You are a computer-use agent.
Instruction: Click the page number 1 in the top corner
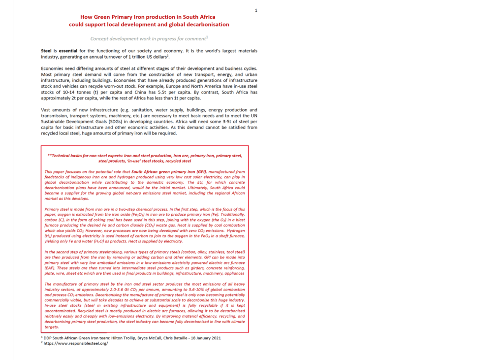coord(256,10)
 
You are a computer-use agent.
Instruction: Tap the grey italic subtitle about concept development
coord(148,38)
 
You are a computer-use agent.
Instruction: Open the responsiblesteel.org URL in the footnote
coord(76,343)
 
